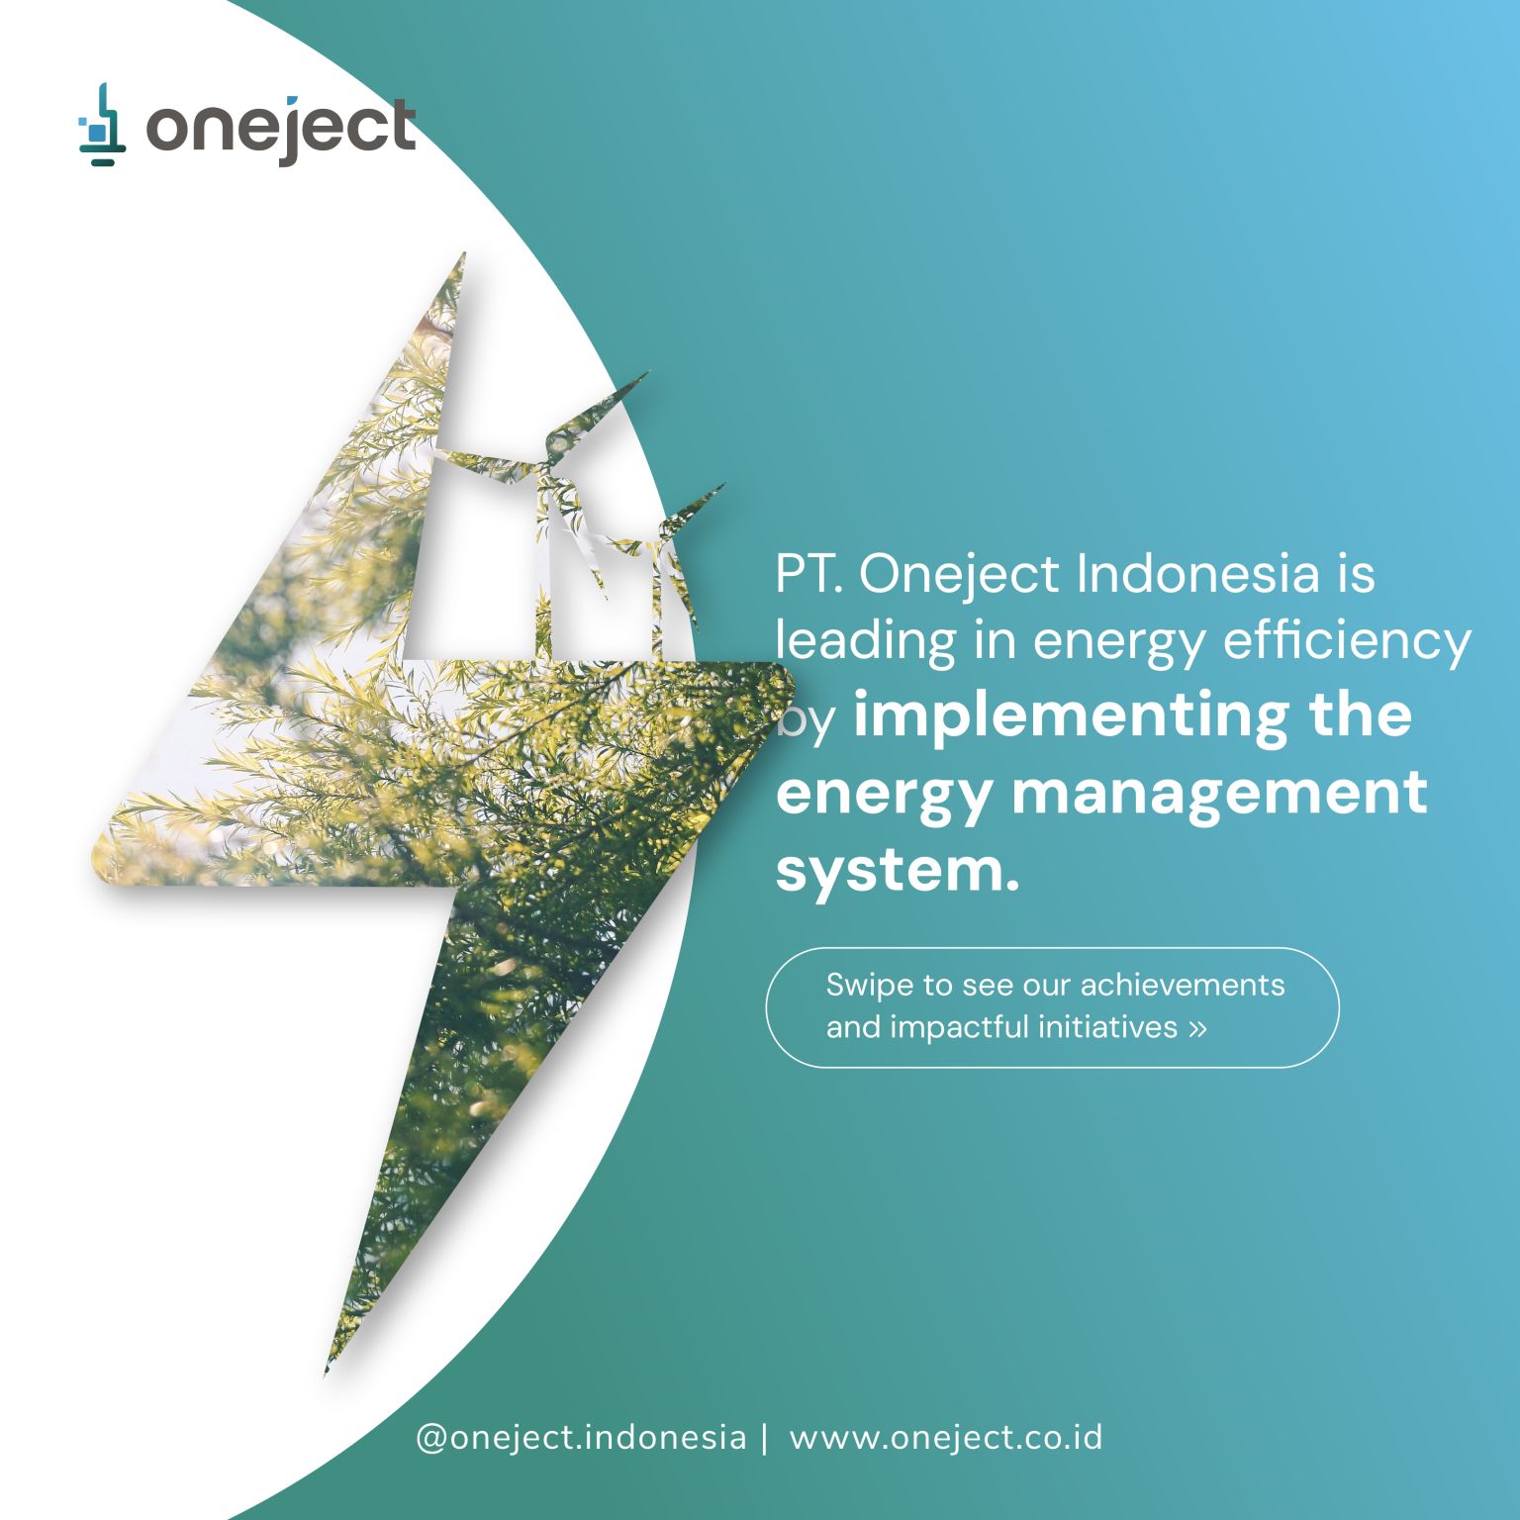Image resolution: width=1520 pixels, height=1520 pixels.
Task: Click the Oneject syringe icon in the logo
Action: tap(102, 125)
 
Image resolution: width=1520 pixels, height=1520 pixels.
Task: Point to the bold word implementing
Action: tap(1070, 715)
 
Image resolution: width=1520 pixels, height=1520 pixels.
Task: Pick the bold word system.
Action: tap(897, 872)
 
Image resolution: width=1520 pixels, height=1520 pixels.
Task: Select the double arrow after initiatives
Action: tap(1197, 1028)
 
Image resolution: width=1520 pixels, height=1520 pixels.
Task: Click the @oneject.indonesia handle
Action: tap(581, 1437)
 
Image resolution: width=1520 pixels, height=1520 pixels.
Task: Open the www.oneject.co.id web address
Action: tap(945, 1437)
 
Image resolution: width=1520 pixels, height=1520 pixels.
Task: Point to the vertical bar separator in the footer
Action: tap(765, 1437)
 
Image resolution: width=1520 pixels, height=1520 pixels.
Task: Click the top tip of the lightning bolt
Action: tap(463, 253)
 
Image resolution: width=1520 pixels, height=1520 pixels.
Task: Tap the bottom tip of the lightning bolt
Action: tap(327, 1374)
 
